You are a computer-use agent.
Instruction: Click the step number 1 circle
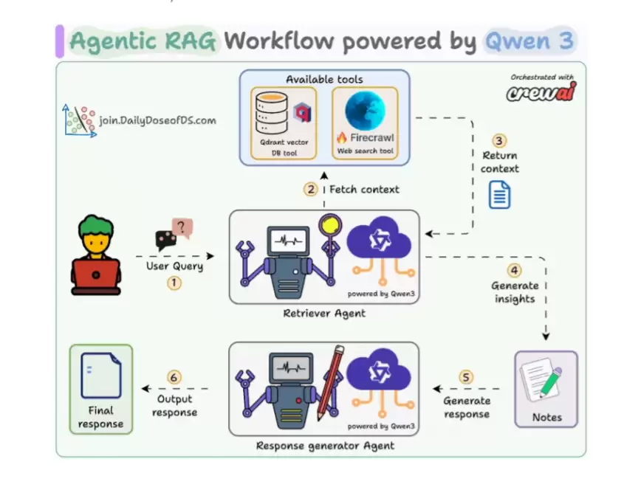174,283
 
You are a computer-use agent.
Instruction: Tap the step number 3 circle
498,141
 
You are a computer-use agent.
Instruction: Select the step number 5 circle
466,377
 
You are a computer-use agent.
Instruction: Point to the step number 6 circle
174,377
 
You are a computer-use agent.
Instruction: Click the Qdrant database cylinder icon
272,113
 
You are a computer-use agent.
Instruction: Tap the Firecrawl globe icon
365,111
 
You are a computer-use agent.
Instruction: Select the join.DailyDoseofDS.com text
157,120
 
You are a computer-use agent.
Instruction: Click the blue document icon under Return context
499,195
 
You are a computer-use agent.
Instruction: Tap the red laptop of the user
96,275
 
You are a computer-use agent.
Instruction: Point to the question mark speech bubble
182,227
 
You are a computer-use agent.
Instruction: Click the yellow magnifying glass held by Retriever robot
330,225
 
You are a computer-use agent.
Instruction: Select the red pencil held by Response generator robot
330,382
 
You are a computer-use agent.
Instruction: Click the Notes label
546,417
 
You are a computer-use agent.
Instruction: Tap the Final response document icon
101,375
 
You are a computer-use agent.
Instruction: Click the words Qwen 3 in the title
529,41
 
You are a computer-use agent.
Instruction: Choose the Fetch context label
364,189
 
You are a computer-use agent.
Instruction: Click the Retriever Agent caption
324,314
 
